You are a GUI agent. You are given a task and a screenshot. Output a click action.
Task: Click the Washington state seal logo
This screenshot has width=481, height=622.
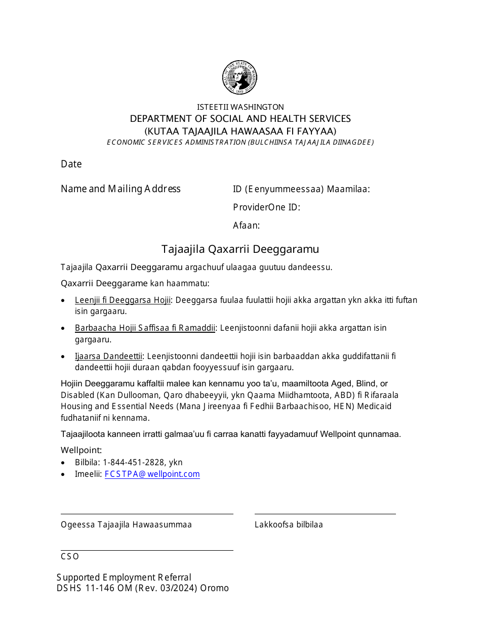[240, 78]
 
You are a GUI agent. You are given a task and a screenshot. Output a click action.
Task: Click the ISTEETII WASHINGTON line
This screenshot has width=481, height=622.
[240, 107]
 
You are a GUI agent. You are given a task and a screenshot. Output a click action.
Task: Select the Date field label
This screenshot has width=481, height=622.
[71, 164]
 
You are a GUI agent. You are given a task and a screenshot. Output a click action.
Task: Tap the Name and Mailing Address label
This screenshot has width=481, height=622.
[121, 189]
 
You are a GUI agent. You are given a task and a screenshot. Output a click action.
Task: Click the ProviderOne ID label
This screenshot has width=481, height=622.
[266, 207]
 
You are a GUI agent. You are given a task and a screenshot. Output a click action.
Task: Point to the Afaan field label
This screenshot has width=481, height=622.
[247, 226]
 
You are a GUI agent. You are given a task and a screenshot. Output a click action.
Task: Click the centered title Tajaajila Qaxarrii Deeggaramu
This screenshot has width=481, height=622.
[240, 249]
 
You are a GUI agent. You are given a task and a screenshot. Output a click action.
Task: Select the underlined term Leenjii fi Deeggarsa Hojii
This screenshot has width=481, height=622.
[123, 300]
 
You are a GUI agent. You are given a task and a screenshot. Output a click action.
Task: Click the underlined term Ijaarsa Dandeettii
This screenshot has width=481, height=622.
[109, 356]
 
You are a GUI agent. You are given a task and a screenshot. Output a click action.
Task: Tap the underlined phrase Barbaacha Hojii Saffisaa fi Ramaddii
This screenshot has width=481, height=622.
[145, 328]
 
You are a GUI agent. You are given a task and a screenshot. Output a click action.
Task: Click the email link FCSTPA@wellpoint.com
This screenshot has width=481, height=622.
[152, 474]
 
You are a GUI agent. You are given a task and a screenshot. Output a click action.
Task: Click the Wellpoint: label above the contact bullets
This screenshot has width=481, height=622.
[82, 450]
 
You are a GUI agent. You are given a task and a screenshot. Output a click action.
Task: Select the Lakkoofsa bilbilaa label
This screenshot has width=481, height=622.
[289, 524]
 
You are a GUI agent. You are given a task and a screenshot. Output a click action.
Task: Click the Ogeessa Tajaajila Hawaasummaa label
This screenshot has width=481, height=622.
[126, 524]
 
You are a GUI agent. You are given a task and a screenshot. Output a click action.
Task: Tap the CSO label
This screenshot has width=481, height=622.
[70, 556]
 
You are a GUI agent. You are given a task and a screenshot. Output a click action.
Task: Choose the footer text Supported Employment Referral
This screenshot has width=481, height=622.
[124, 577]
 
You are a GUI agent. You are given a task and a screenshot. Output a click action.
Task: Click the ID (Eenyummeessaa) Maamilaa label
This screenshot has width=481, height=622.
[301, 189]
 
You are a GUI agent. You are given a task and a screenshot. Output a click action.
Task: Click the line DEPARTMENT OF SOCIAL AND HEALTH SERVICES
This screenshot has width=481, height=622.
[240, 118]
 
